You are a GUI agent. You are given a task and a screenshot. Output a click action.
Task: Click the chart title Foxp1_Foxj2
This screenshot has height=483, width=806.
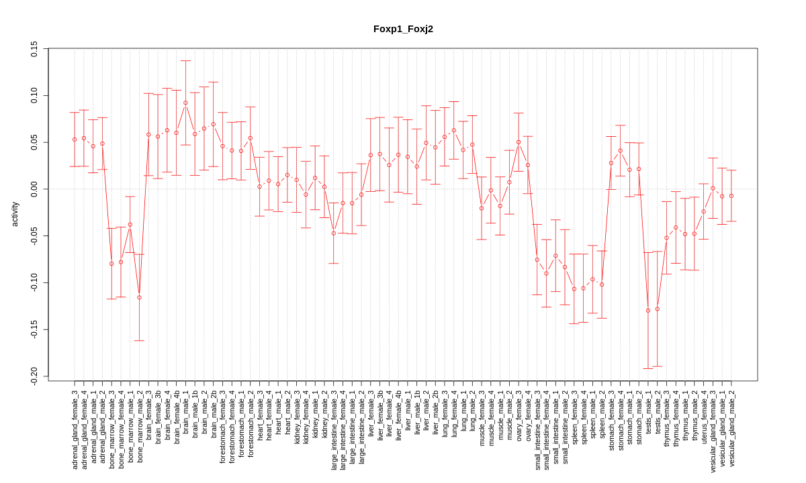[x=403, y=29]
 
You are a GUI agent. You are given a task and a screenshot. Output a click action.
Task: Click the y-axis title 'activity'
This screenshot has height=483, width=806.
[x=15, y=213]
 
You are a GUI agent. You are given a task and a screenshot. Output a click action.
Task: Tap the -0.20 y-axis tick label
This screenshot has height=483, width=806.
[x=34, y=376]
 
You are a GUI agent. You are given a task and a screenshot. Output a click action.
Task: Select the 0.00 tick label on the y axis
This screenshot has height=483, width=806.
[x=34, y=189]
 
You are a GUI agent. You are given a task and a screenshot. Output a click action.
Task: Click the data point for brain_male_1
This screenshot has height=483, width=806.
[x=185, y=103]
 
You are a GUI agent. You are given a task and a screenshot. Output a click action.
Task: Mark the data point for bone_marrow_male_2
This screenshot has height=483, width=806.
[x=139, y=297]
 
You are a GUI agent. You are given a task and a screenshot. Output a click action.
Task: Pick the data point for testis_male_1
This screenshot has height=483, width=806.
[x=648, y=311]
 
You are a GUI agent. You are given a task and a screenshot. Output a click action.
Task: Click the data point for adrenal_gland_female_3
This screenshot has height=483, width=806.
[x=75, y=140]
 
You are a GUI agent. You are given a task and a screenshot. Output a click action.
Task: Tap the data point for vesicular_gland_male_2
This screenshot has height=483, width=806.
[x=731, y=196]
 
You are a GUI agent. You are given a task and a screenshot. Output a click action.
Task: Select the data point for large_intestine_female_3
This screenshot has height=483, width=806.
[x=333, y=233]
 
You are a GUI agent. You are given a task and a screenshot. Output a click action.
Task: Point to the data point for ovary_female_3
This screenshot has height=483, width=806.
[x=519, y=142]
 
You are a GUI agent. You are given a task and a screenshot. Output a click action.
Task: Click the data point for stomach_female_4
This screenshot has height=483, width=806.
[x=620, y=151]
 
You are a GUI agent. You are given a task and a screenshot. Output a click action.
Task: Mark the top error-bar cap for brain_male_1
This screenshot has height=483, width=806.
[x=185, y=61]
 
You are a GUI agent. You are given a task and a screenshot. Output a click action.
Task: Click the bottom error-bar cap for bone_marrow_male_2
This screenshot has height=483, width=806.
[x=139, y=341]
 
